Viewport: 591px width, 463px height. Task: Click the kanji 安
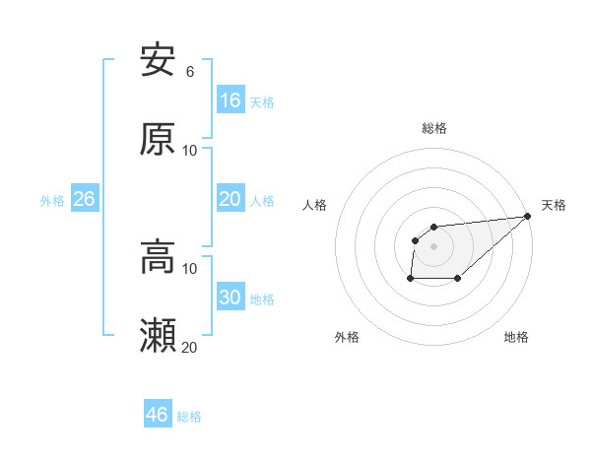pyautogui.click(x=158, y=61)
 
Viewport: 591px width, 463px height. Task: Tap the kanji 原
pyautogui.click(x=158, y=139)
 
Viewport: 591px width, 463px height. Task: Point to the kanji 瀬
pyautogui.click(x=158, y=336)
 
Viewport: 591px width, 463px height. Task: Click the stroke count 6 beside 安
pyautogui.click(x=189, y=72)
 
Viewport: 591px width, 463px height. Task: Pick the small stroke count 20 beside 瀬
pyautogui.click(x=189, y=347)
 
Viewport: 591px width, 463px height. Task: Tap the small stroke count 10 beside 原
pyautogui.click(x=189, y=150)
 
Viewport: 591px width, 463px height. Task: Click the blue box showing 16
pyautogui.click(x=230, y=100)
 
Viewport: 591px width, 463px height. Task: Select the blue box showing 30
pyautogui.click(x=230, y=298)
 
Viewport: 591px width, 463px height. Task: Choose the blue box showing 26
pyautogui.click(x=84, y=200)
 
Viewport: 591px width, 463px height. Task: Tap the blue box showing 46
pyautogui.click(x=158, y=415)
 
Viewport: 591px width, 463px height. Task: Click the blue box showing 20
pyautogui.click(x=230, y=200)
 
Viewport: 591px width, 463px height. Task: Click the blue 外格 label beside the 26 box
pyautogui.click(x=52, y=201)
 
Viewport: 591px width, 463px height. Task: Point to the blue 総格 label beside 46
pyautogui.click(x=189, y=416)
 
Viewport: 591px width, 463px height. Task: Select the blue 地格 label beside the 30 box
pyautogui.click(x=262, y=299)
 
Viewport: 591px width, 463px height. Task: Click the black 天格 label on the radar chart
pyautogui.click(x=554, y=205)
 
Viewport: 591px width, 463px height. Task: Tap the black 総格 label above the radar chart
pyautogui.click(x=434, y=128)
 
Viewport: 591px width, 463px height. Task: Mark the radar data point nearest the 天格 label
pyautogui.click(x=527, y=217)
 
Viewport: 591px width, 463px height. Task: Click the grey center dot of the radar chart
pyautogui.click(x=433, y=246)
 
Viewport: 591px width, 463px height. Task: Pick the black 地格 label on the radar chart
pyautogui.click(x=516, y=337)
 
